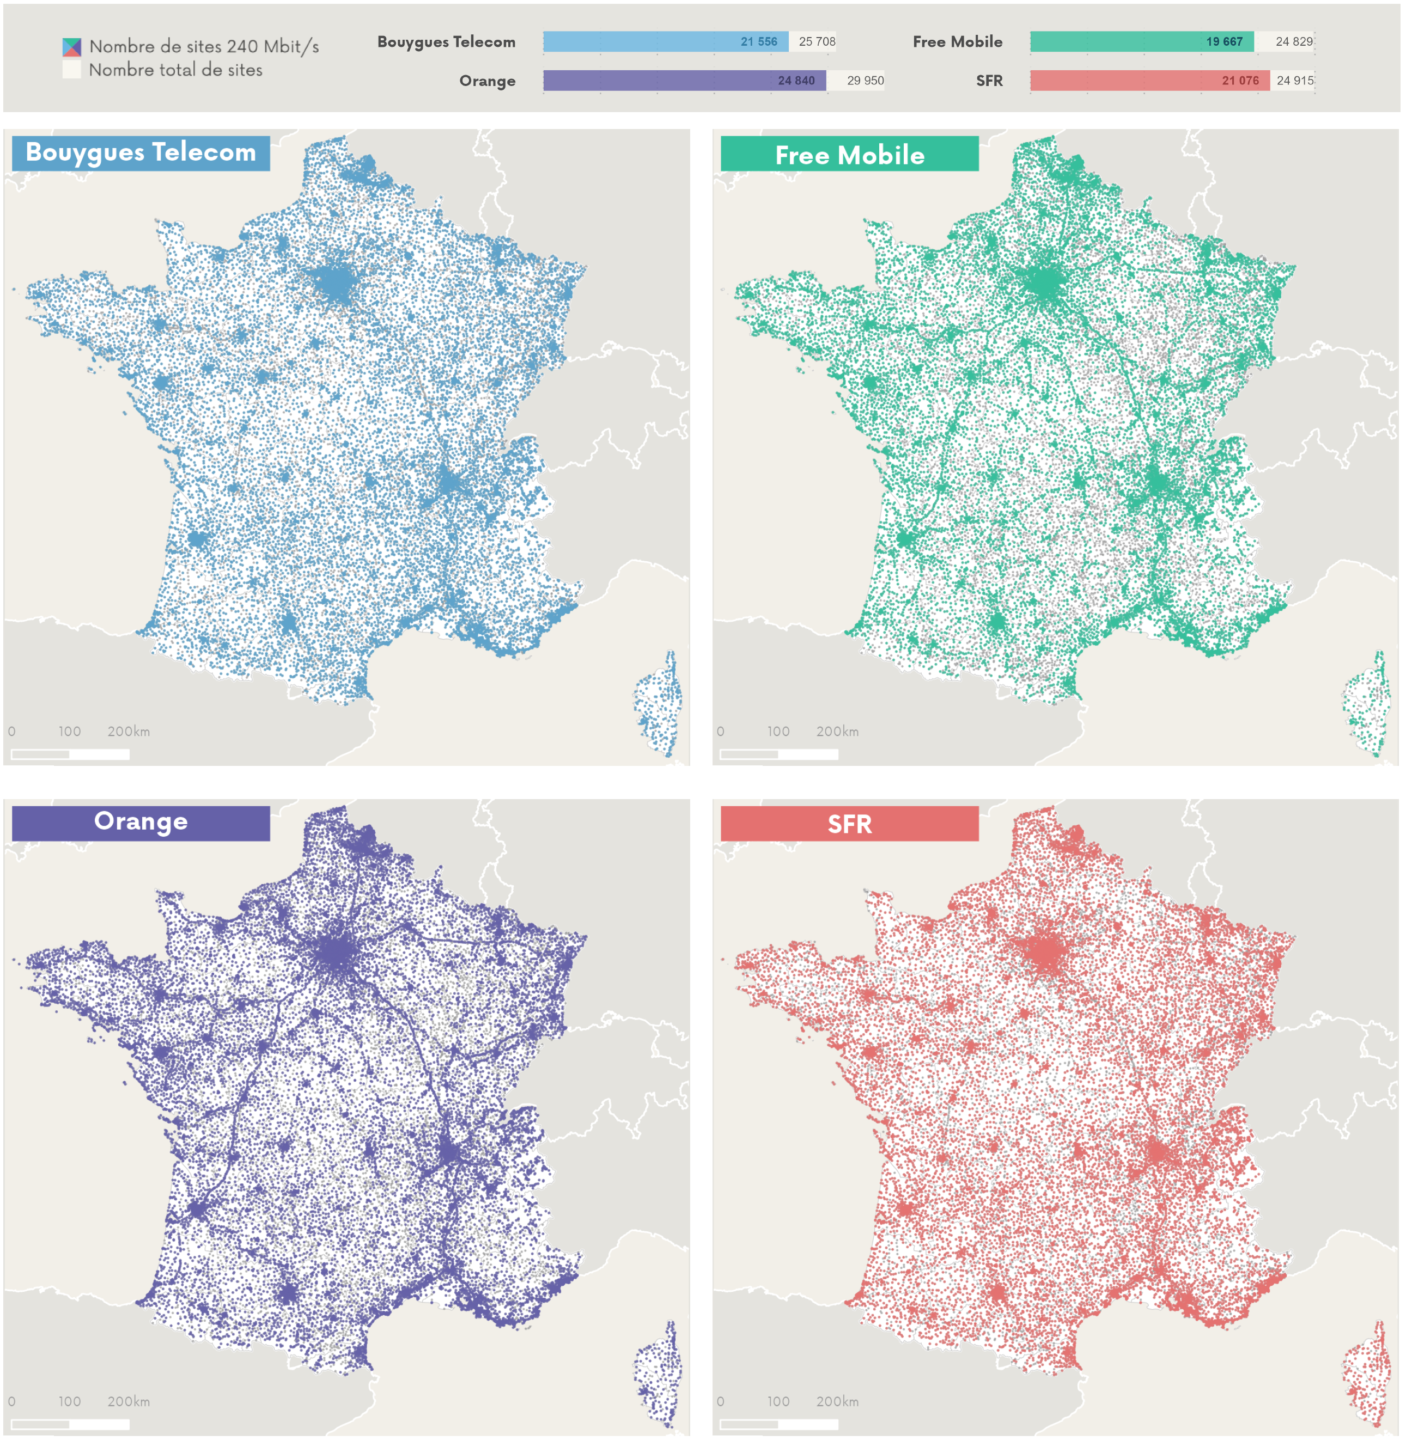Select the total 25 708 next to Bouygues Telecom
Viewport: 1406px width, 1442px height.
click(817, 42)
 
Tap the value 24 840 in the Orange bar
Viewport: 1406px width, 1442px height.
click(795, 81)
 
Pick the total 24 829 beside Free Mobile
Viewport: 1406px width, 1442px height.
click(1294, 42)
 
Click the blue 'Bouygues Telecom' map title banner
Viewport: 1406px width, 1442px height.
click(141, 153)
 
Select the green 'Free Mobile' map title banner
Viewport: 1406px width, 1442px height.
click(849, 154)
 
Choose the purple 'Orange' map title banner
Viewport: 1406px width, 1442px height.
click(141, 821)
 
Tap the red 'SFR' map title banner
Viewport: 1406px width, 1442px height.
click(849, 824)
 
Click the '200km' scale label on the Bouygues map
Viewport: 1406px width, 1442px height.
click(129, 731)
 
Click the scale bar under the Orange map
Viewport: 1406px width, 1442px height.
click(70, 1424)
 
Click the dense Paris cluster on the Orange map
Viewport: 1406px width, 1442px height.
click(336, 952)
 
